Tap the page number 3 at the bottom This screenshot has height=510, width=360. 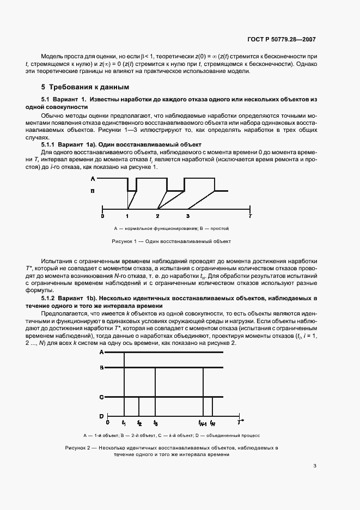click(x=315, y=465)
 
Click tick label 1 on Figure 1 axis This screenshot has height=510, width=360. click(x=127, y=216)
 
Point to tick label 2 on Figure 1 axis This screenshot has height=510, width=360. click(x=158, y=216)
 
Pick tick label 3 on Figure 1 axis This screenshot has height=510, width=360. click(x=188, y=216)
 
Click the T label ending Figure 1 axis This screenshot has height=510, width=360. click(x=250, y=216)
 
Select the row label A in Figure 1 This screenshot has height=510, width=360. click(x=93, y=179)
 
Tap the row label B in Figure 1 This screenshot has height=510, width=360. click(x=93, y=191)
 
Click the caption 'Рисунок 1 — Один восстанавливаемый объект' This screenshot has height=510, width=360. click(x=172, y=241)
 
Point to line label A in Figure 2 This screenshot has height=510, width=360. click(x=101, y=353)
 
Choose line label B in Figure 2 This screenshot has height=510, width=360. click(x=101, y=368)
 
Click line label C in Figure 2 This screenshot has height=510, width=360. click(x=101, y=397)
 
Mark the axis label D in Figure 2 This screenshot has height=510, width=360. click(x=101, y=416)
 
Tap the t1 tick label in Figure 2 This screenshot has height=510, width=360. click(x=124, y=423)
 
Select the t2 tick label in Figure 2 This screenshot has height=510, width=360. click(x=139, y=423)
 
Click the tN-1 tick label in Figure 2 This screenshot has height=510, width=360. click(x=203, y=423)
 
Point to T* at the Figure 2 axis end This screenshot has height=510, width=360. click(x=241, y=422)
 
